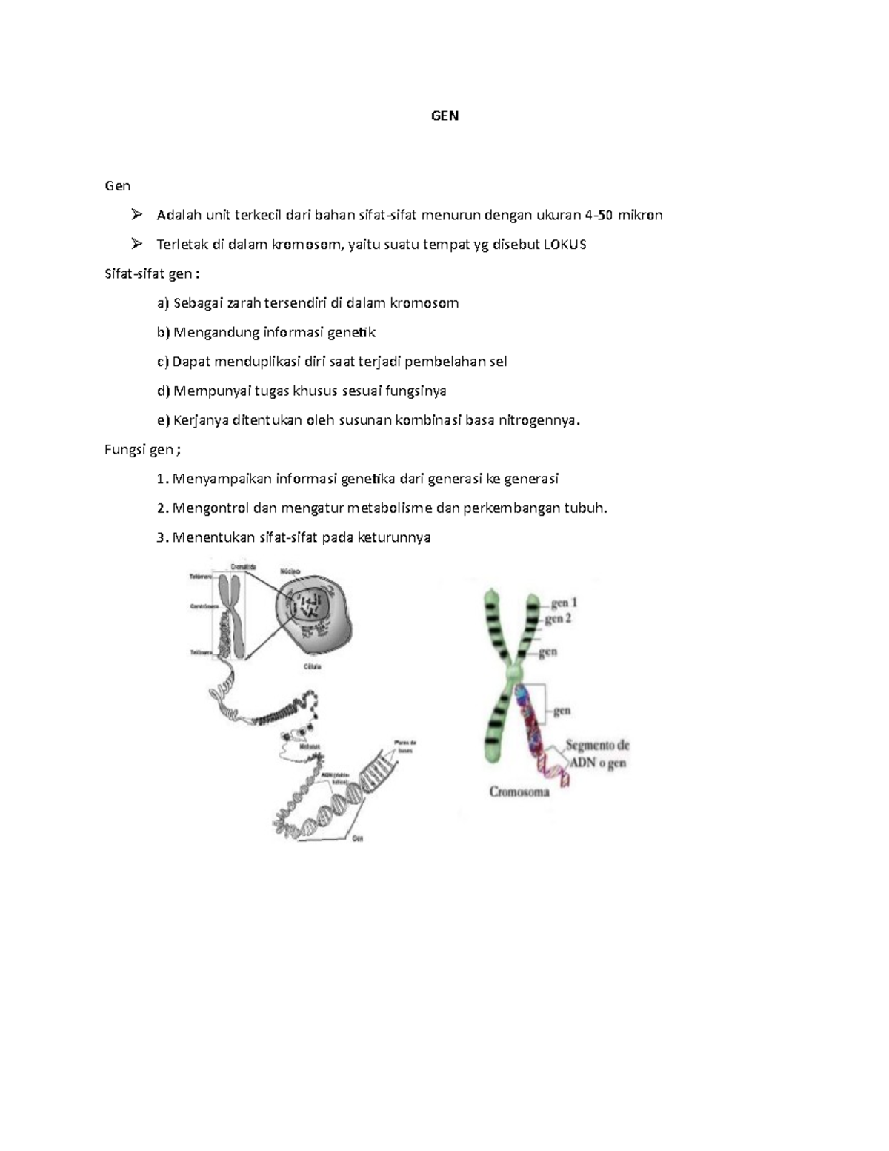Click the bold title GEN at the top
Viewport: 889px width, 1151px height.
[x=444, y=116]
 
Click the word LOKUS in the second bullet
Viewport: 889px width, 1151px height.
[x=565, y=245]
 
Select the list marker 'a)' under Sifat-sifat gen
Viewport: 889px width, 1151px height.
[x=163, y=303]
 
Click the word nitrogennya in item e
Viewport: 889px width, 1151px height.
[x=539, y=420]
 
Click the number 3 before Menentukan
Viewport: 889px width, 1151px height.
[x=161, y=537]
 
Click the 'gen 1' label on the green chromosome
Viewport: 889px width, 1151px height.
[x=564, y=603]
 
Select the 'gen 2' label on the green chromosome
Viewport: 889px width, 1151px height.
[x=558, y=619]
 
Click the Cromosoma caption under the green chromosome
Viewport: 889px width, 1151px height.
[x=519, y=792]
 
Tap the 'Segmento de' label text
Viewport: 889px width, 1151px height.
[x=597, y=746]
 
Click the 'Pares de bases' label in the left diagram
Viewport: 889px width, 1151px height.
[x=405, y=746]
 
